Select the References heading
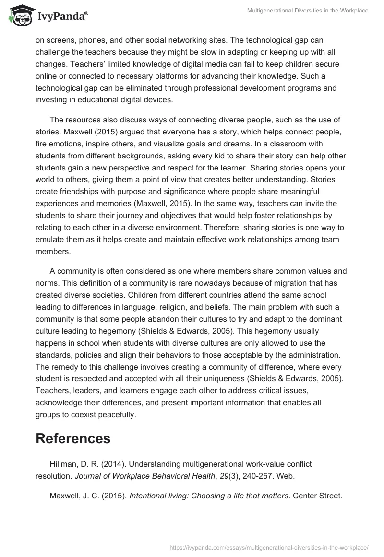[73, 438]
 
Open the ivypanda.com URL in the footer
[269, 547]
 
